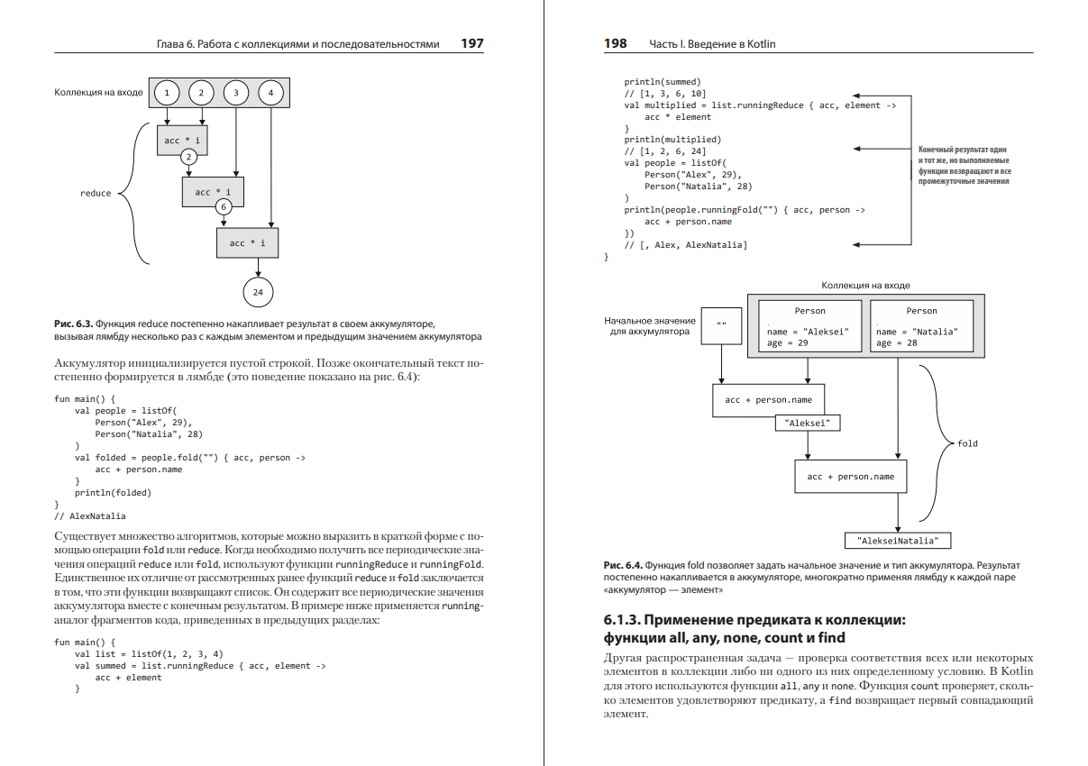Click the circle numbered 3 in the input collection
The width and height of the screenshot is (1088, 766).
(x=235, y=93)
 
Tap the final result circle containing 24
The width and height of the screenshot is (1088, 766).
(x=258, y=292)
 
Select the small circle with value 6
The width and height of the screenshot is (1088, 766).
(x=224, y=206)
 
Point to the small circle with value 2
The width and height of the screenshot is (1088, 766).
(x=188, y=157)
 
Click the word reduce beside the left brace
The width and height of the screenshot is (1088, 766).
(x=96, y=193)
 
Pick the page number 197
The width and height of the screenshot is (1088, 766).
(x=471, y=43)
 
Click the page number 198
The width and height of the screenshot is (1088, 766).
(x=616, y=43)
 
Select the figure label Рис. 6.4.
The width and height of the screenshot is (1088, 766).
(x=622, y=565)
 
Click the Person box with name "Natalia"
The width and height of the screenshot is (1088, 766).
(x=921, y=326)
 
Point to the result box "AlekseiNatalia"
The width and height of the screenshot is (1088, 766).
(x=898, y=542)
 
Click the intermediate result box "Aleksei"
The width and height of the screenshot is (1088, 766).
(x=808, y=422)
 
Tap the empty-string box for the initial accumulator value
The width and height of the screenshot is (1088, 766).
(x=721, y=324)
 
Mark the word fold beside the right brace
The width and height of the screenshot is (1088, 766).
(x=967, y=443)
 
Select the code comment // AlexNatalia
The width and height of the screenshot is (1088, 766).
(x=90, y=516)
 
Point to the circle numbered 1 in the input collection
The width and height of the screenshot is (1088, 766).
(x=167, y=93)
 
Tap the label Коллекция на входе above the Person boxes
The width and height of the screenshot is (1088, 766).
(x=864, y=285)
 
